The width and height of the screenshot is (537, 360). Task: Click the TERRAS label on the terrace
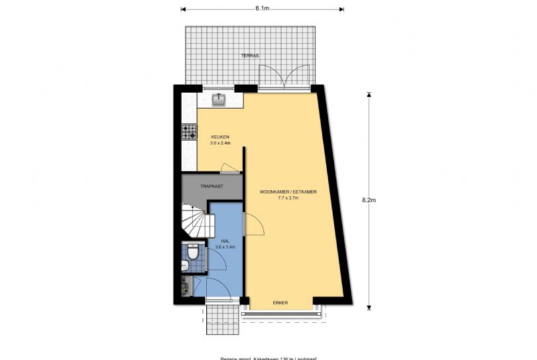point(250,56)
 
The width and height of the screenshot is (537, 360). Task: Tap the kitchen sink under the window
point(219,99)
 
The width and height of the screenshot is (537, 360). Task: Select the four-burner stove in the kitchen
point(190,132)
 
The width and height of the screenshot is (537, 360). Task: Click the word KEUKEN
point(211,137)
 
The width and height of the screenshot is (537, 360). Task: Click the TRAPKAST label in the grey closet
point(212,186)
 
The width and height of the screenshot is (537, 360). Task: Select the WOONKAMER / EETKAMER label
point(288,192)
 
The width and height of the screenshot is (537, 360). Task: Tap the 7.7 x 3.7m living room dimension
point(288,198)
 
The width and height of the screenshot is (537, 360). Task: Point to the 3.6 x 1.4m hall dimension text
point(225,247)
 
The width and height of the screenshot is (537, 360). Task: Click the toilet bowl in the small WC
point(193,253)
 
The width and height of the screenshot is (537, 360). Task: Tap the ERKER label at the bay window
point(280,302)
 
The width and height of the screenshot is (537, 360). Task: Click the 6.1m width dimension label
point(262,9)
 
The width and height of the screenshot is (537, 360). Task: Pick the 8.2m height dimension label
point(369,200)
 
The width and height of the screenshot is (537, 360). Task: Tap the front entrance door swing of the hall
point(218,286)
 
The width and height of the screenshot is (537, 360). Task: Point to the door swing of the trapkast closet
point(229,167)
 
